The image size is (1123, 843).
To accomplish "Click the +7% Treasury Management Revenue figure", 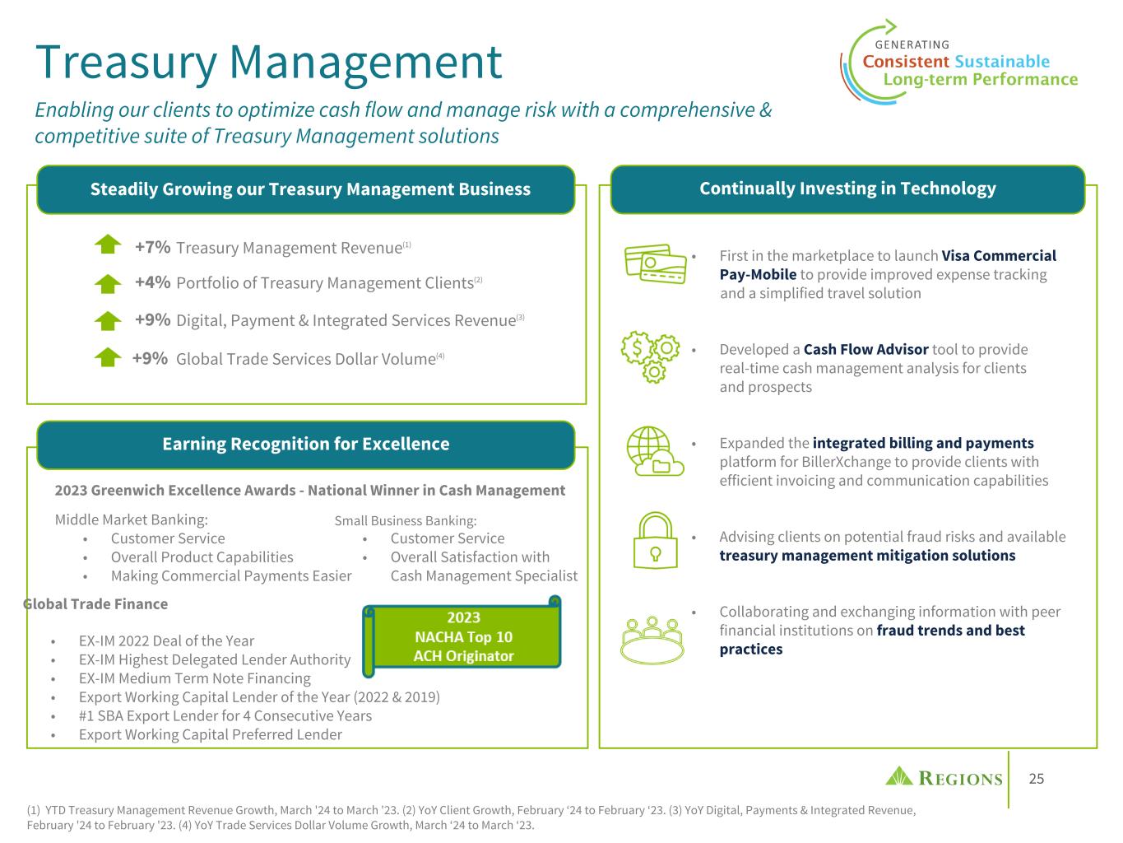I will pyautogui.click(x=152, y=247).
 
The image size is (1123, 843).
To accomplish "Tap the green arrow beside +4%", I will pyautogui.click(x=108, y=283).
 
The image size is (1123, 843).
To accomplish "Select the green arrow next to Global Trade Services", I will pyautogui.click(x=108, y=357).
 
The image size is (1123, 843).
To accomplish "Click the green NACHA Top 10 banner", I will pyautogui.click(x=463, y=636).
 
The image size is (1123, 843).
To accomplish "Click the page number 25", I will pyautogui.click(x=1037, y=779).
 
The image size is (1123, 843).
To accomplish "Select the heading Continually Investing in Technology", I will pyautogui.click(x=847, y=189).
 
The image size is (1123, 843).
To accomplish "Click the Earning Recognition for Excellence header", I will pyautogui.click(x=305, y=444).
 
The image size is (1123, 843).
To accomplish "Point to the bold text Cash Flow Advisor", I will pyautogui.click(x=865, y=349).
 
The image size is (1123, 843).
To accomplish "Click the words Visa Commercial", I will pyautogui.click(x=998, y=255).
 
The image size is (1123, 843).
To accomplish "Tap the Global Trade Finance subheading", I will pyautogui.click(x=95, y=603).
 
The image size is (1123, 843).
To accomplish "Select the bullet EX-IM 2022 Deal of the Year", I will pyautogui.click(x=166, y=640).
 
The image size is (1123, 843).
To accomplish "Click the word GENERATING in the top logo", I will pyautogui.click(x=912, y=44).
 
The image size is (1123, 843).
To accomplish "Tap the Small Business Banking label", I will pyautogui.click(x=406, y=520).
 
